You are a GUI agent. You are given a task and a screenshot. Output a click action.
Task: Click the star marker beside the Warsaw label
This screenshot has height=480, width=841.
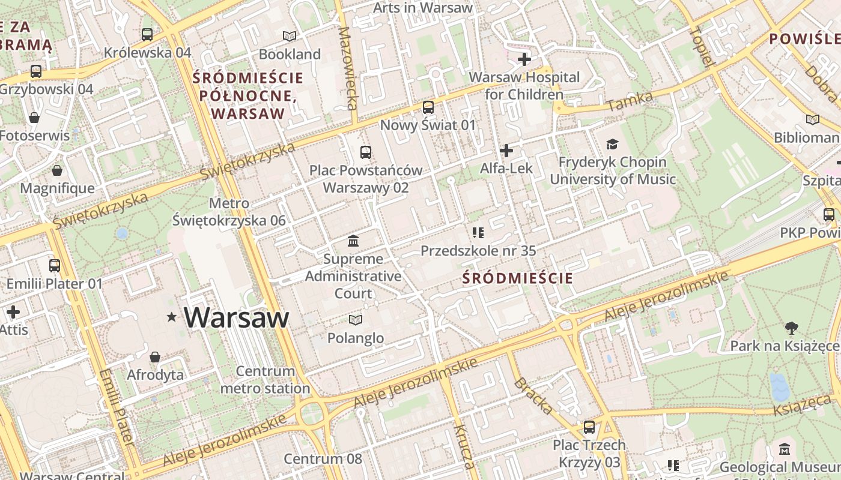tap(172, 317)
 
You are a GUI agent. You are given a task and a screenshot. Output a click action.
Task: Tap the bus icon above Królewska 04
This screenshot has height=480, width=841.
tap(147, 35)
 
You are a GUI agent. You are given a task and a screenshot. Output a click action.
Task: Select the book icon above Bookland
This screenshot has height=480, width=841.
tap(290, 36)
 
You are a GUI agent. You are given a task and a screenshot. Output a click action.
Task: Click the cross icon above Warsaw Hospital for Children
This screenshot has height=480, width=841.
tap(524, 59)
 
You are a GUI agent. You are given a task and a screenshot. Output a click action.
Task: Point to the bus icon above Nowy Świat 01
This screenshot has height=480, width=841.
tap(428, 107)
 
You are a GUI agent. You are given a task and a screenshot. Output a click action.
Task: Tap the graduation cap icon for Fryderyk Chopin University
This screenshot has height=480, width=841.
tap(612, 144)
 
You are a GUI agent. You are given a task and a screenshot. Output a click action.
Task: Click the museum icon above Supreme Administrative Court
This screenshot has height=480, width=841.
tap(353, 241)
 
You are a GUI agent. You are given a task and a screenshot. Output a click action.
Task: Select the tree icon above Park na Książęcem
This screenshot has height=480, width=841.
tap(792, 328)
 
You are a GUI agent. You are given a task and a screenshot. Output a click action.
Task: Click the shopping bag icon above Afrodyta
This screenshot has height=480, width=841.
tap(155, 357)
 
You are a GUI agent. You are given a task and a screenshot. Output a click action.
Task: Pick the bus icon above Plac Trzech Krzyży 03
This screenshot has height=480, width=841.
tap(589, 427)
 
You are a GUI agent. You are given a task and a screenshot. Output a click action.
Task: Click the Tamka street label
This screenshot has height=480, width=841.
tap(630, 101)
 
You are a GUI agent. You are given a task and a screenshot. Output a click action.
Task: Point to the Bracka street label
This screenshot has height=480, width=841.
tap(533, 396)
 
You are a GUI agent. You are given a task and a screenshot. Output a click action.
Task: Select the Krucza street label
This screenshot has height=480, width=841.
tap(464, 446)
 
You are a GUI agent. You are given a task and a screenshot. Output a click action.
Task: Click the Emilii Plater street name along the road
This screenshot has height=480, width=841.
tap(116, 406)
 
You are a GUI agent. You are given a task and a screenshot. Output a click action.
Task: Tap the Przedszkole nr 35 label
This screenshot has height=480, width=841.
tap(478, 251)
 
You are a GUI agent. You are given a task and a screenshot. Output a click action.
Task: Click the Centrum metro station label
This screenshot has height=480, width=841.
tap(265, 379)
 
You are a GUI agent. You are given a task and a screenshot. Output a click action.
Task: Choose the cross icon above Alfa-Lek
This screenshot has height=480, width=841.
tap(506, 150)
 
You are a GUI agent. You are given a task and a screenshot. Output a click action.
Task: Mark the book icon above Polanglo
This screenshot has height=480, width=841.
tap(356, 320)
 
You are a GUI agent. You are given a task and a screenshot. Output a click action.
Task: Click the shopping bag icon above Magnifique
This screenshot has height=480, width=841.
tap(57, 170)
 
